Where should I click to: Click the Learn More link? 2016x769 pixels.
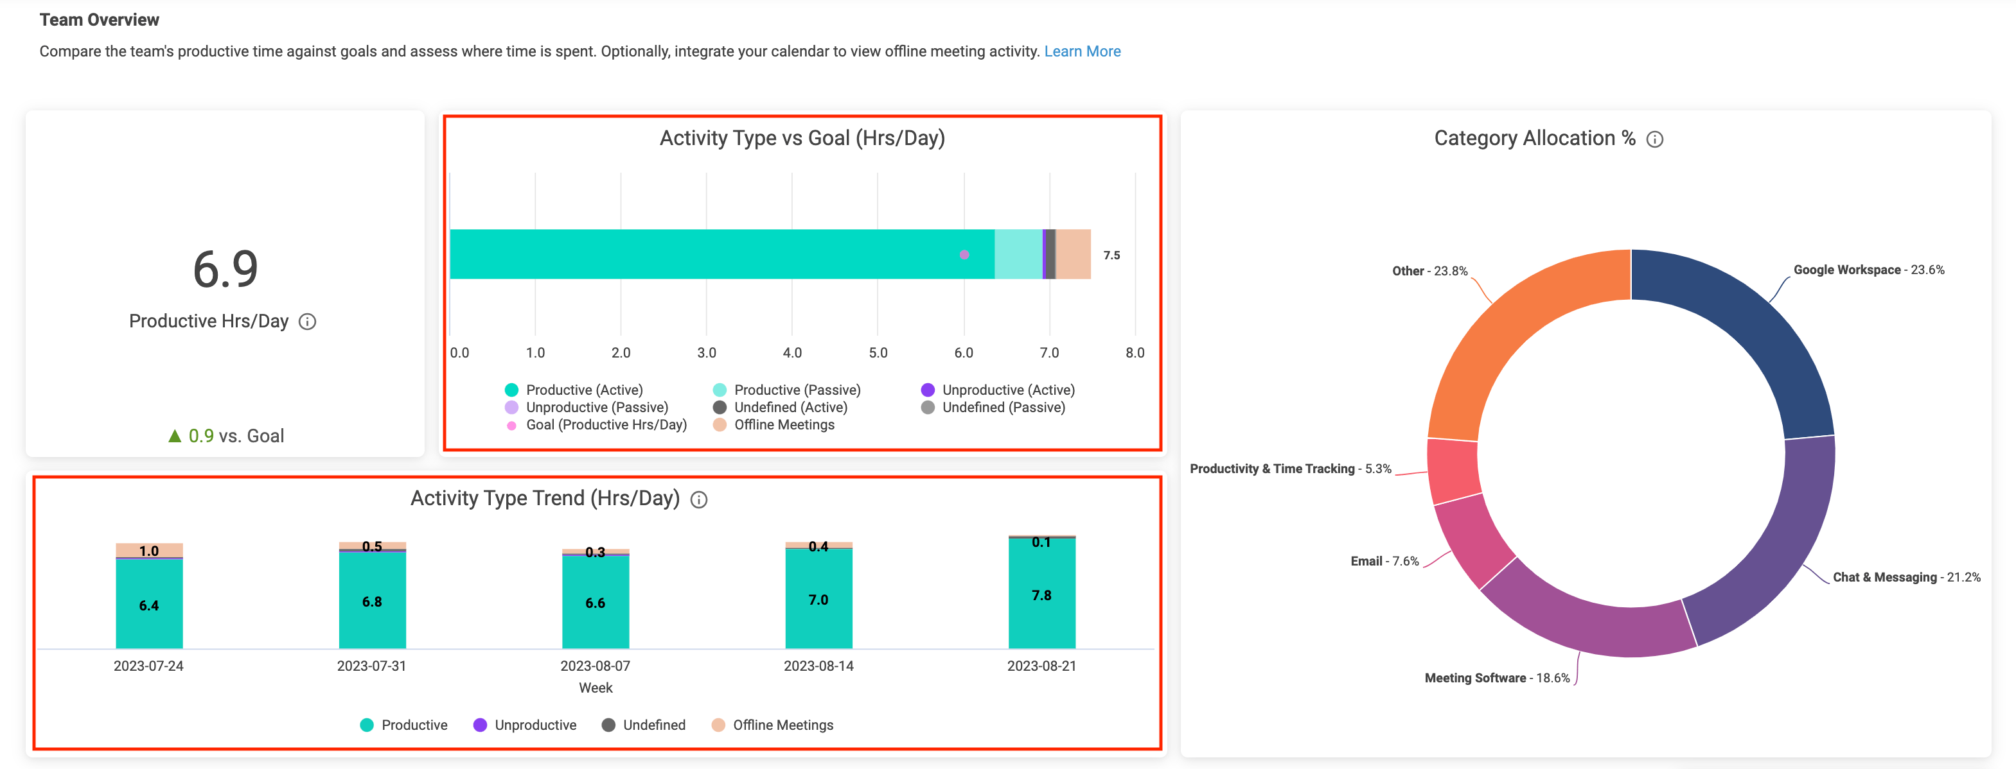coord(1082,51)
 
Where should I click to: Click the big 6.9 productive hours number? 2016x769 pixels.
coord(225,269)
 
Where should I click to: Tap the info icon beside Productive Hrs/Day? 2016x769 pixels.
coord(308,322)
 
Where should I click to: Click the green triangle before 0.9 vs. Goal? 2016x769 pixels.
coord(175,436)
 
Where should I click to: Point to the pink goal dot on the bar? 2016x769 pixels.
coord(964,254)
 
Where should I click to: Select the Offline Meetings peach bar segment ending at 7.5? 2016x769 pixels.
coord(1073,254)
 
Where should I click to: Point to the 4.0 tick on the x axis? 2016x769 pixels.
coord(792,353)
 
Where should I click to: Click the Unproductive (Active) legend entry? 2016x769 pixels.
coord(998,390)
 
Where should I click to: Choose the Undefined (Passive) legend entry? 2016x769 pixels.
coord(994,408)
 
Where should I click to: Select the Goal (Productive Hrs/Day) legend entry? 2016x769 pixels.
coord(596,425)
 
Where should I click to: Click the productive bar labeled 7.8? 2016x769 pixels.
coord(1041,595)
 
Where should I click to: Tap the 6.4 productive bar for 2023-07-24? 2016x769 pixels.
coord(148,604)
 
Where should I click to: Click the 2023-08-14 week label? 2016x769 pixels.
coord(818,666)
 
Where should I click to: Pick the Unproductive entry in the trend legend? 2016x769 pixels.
coord(525,725)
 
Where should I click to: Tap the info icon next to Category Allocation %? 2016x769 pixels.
coord(1654,140)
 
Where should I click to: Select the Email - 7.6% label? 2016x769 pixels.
coord(1384,561)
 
